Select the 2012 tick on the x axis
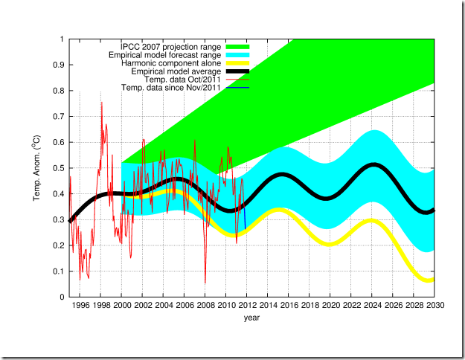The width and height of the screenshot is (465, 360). tap(246, 305)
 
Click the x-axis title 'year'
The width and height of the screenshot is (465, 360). tap(251, 317)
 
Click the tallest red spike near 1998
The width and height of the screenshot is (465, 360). tap(102, 103)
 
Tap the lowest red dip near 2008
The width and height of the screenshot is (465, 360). tap(205, 283)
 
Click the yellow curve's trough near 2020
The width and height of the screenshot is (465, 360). tap(330, 244)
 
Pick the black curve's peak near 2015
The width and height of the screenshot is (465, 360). tap(282, 175)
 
